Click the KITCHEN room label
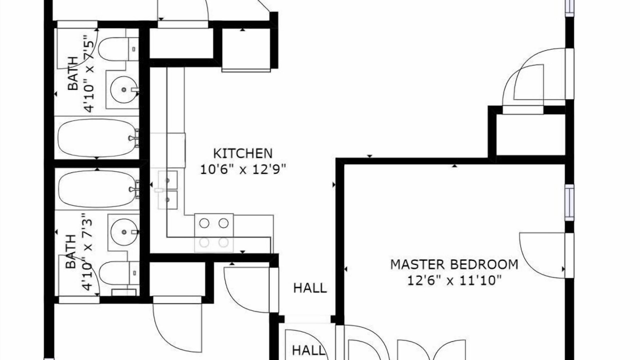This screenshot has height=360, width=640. click(x=243, y=153)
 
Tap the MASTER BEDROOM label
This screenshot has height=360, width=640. click(x=454, y=264)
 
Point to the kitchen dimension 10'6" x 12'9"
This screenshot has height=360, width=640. click(x=243, y=169)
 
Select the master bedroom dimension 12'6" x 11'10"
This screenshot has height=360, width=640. click(x=454, y=280)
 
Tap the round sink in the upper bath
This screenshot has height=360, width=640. click(x=123, y=89)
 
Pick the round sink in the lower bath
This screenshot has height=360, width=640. click(x=124, y=232)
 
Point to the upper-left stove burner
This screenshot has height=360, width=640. click(x=204, y=223)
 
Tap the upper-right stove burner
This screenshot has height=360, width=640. click(x=223, y=223)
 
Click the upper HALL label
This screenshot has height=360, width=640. click(x=310, y=288)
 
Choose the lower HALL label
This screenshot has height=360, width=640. click(x=308, y=350)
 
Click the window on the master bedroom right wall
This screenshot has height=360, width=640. click(x=569, y=202)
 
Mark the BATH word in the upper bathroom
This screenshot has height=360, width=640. click(x=72, y=73)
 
